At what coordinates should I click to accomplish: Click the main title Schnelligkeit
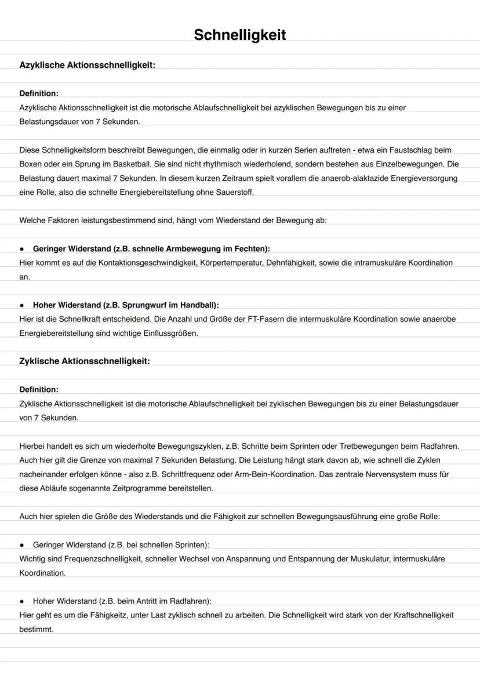click(240, 35)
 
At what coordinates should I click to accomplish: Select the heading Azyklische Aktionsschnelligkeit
click(87, 65)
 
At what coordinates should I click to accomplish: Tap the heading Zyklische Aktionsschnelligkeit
click(85, 361)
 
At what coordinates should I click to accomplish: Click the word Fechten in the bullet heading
click(250, 249)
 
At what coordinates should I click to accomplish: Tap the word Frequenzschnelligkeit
click(99, 559)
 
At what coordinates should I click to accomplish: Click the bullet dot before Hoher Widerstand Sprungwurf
click(21, 305)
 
